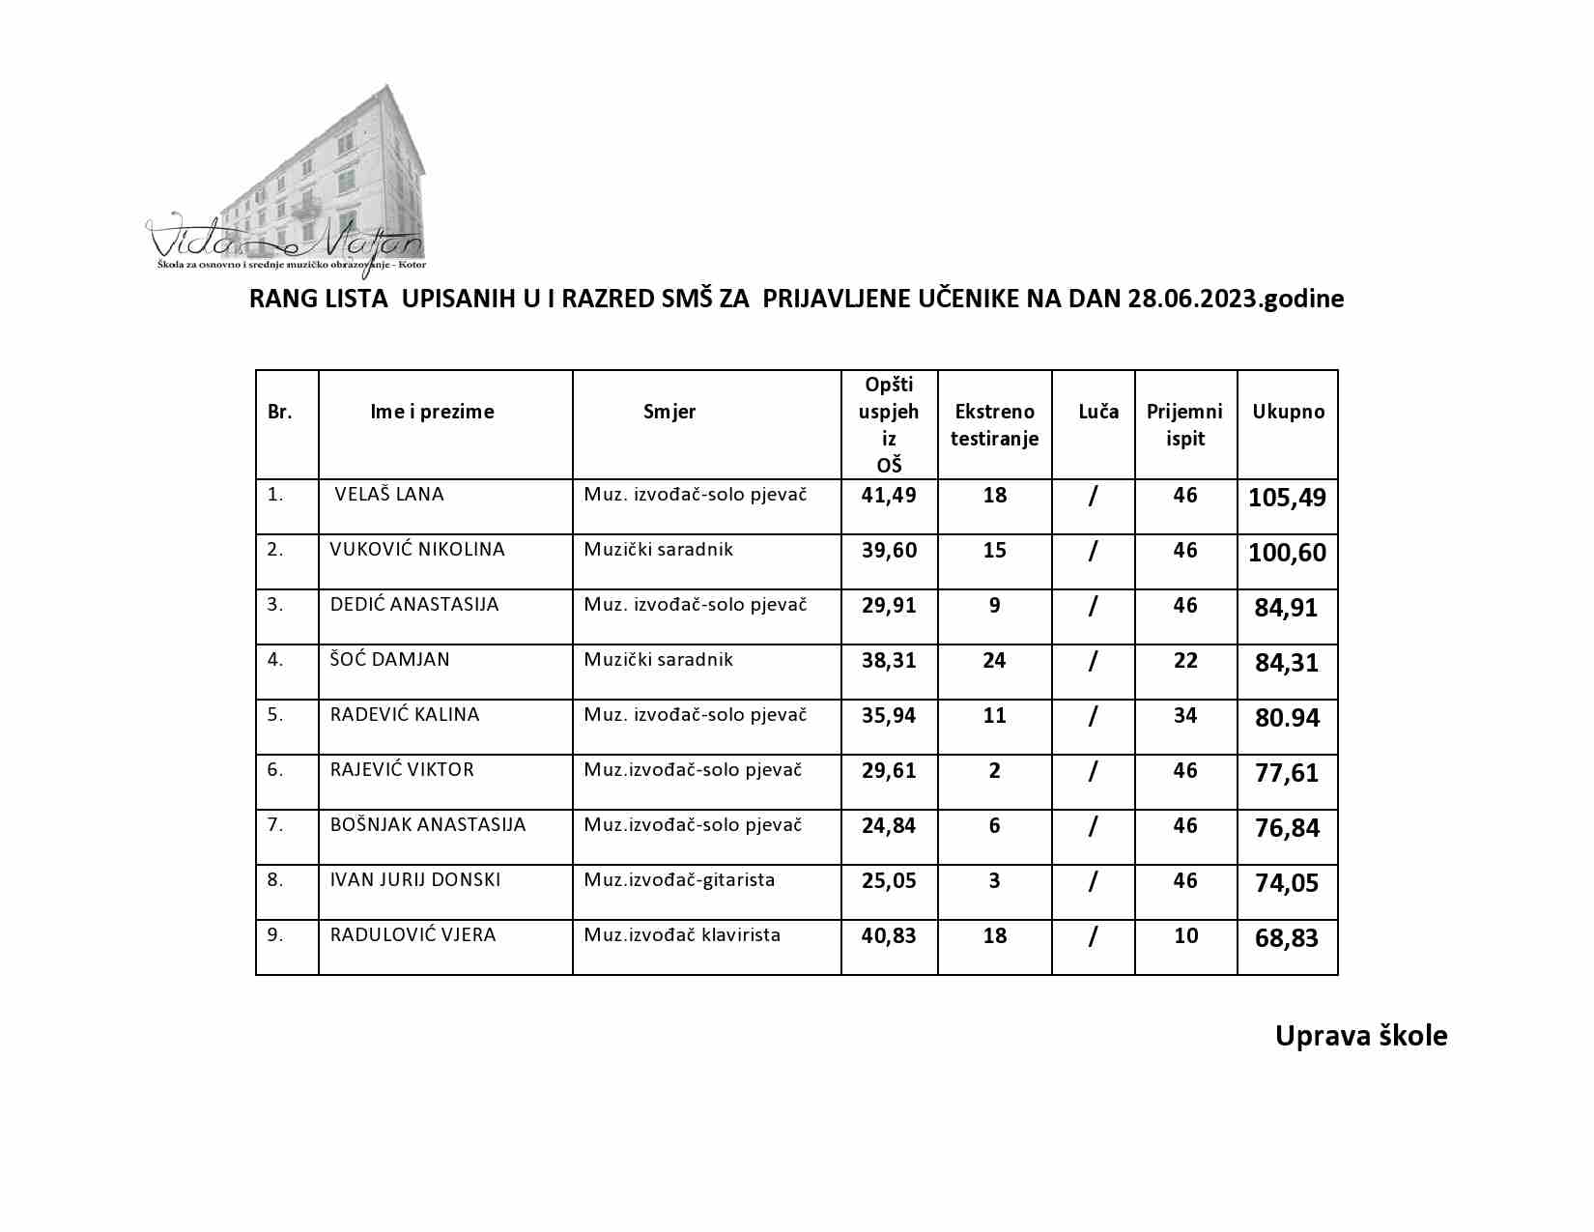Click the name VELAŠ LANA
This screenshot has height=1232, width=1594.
pos(388,495)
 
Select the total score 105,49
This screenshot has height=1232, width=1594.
pos(1287,499)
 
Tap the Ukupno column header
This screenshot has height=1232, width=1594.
pos(1288,412)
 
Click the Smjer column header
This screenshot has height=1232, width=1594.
pos(669,412)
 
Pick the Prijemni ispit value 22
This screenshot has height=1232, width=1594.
pos(1185,661)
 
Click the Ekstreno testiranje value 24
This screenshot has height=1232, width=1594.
pos(994,661)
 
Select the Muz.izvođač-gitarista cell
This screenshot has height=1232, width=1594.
pos(679,880)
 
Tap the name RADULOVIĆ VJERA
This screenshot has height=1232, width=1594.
pos(413,935)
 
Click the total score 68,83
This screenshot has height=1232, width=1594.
pos(1287,938)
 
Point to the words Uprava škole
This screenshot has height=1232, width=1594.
pos(1360,1036)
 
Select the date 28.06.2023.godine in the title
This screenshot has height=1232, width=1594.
pos(1235,299)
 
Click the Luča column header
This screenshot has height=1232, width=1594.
pos(1098,412)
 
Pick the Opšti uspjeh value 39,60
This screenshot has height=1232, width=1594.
pos(889,551)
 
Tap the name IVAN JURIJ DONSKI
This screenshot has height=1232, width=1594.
pos(415,880)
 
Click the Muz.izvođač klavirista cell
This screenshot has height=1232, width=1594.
pos(682,935)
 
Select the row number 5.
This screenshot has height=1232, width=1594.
pos(275,715)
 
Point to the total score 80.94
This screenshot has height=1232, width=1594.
pos(1287,719)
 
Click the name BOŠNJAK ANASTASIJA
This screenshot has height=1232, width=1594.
pos(428,825)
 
